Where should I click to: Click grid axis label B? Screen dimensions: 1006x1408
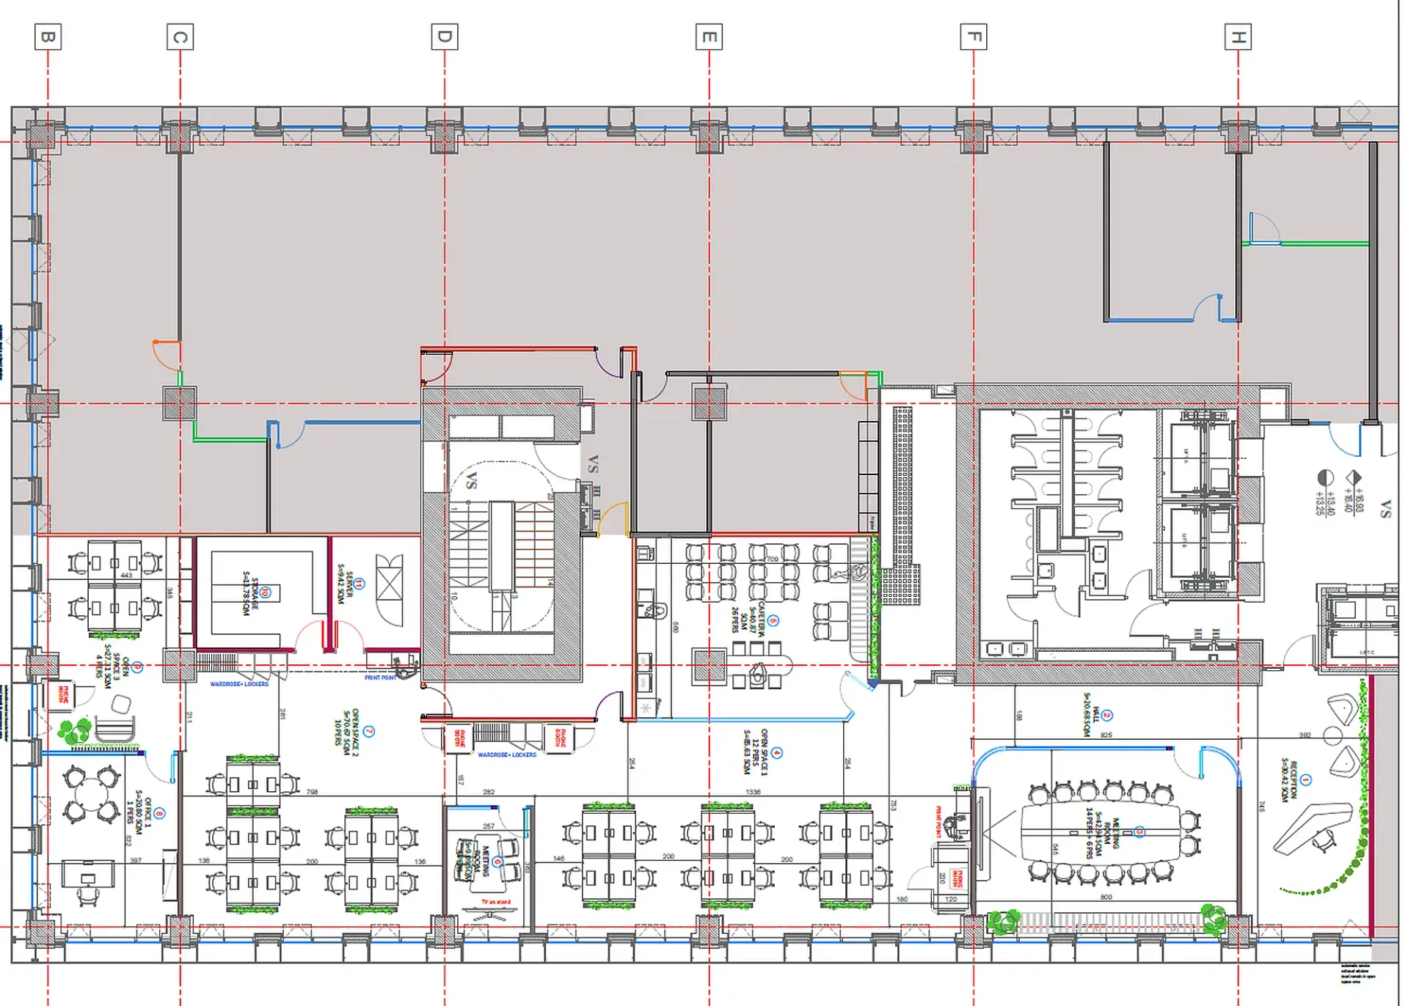tap(48, 37)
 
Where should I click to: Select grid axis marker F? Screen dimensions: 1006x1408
tap(974, 37)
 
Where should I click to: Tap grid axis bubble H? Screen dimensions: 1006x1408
tap(1238, 37)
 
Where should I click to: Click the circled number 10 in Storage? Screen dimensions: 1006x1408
tap(266, 592)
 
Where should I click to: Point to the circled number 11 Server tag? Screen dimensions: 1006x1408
tap(360, 584)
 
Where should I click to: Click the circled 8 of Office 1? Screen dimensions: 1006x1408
tap(159, 813)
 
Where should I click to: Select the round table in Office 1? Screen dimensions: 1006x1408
tap(91, 793)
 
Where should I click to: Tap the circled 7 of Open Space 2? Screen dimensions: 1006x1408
tap(368, 731)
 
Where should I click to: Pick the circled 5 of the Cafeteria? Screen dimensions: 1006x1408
tap(773, 620)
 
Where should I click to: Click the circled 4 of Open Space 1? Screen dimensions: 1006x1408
tap(777, 752)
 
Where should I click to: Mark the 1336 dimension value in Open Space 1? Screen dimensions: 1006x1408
tap(753, 792)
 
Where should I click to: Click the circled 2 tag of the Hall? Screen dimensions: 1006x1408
tap(1107, 715)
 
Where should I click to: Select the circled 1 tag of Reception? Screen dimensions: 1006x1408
tap(1306, 780)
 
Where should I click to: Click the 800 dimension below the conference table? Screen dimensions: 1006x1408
tap(1106, 897)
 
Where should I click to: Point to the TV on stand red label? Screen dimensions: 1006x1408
tap(495, 902)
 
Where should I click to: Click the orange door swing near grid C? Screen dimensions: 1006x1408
tap(165, 355)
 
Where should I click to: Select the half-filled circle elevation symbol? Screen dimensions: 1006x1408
tap(1325, 478)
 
